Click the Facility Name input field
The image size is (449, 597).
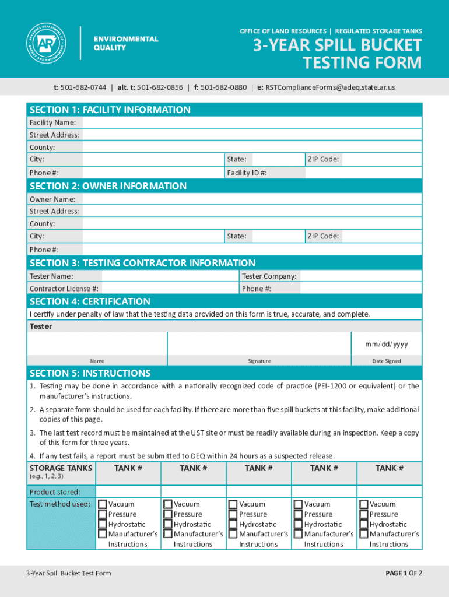(x=252, y=122)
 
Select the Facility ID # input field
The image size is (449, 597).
(x=363, y=173)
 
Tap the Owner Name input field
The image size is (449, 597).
(x=252, y=199)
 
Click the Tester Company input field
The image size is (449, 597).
(x=360, y=276)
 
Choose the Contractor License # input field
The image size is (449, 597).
(x=170, y=289)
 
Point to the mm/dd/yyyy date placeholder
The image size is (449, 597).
(x=387, y=344)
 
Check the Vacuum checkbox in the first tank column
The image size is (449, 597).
(x=103, y=504)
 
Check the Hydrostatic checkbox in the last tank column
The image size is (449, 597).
(x=364, y=525)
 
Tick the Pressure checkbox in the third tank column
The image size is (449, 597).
(x=233, y=514)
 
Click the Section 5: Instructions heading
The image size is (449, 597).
(x=90, y=373)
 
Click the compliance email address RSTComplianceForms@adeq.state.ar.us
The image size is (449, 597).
(x=330, y=87)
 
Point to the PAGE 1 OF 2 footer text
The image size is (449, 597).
(x=404, y=573)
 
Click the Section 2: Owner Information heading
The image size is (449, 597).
(x=108, y=186)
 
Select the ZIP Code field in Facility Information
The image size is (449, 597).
(x=382, y=160)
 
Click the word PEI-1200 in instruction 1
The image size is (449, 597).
(x=333, y=386)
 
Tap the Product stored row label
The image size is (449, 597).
(x=55, y=492)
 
